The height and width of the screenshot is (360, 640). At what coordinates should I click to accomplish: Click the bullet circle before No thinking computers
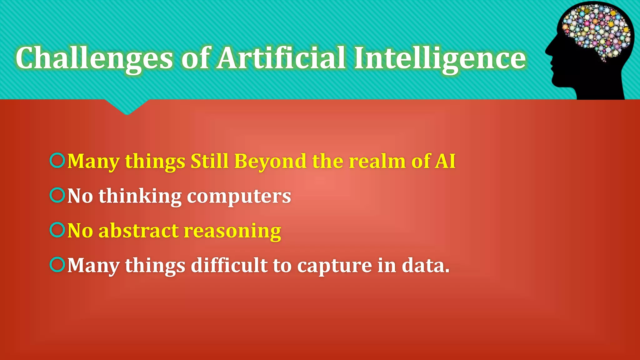point(57,195)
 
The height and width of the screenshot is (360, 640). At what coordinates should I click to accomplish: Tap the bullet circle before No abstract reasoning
point(57,230)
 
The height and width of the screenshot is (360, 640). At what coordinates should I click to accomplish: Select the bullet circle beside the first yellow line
point(57,160)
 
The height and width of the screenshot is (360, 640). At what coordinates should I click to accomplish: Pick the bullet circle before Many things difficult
point(57,265)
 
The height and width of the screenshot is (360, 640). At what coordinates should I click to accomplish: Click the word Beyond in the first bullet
point(270,161)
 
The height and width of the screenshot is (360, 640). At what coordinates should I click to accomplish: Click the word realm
point(377,161)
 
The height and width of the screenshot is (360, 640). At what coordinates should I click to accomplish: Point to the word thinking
point(140,196)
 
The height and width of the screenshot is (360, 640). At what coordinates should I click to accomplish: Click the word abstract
point(138,231)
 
